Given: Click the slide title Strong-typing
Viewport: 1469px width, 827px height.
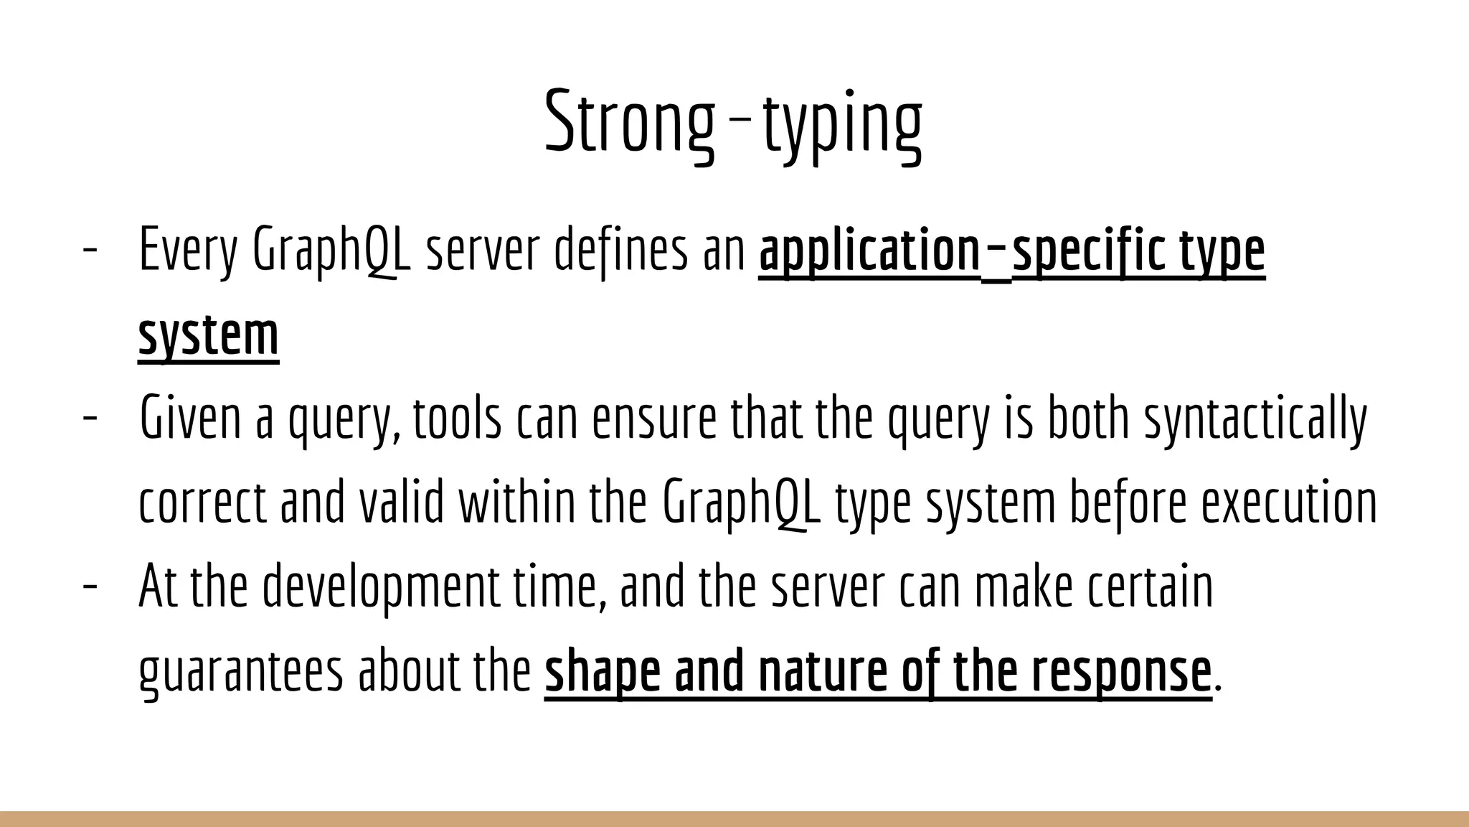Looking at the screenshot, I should pyautogui.click(x=733, y=122).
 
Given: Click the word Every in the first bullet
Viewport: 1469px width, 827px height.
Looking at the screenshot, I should pyautogui.click(x=187, y=249).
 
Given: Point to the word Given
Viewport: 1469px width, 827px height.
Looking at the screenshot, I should pyautogui.click(x=190, y=418).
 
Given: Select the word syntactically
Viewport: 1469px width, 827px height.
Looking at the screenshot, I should pyautogui.click(x=1255, y=418).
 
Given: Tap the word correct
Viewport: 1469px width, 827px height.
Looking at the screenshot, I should pyautogui.click(x=202, y=502).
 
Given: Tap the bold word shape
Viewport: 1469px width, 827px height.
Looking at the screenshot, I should pyautogui.click(x=602, y=671).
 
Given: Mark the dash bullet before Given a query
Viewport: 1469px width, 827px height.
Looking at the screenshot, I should pyautogui.click(x=90, y=418).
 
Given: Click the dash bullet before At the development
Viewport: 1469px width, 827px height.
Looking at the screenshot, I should pyautogui.click(x=90, y=587).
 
